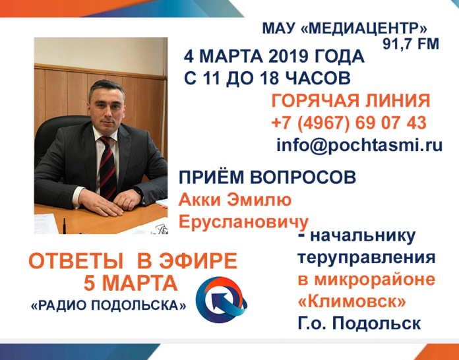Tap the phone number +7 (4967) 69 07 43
tap(348, 123)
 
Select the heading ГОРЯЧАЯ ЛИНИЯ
tap(350, 102)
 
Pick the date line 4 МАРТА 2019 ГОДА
tap(274, 56)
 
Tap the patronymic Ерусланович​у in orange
tap(243, 221)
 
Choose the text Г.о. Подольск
tap(358, 324)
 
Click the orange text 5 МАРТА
tap(131, 284)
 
